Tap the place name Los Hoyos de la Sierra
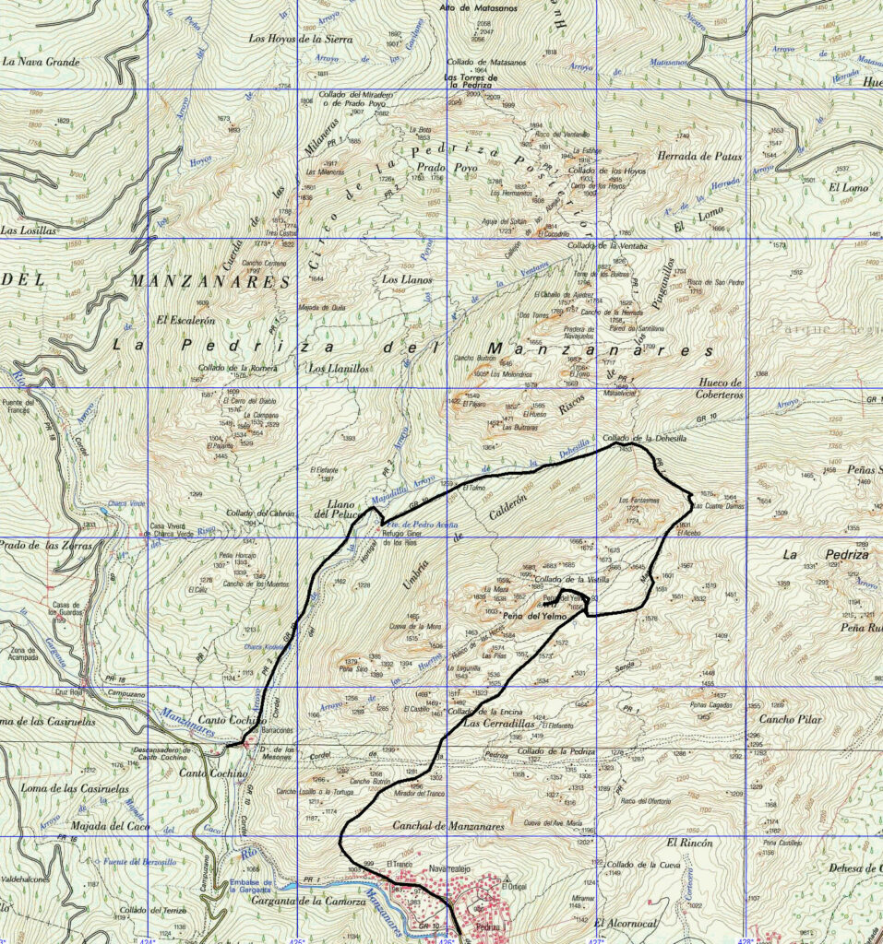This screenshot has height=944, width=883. (301, 39)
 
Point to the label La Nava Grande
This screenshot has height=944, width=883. (42, 62)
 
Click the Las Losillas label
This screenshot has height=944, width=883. (30, 230)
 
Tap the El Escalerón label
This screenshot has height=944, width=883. (185, 320)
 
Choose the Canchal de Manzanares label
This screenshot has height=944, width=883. (448, 827)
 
